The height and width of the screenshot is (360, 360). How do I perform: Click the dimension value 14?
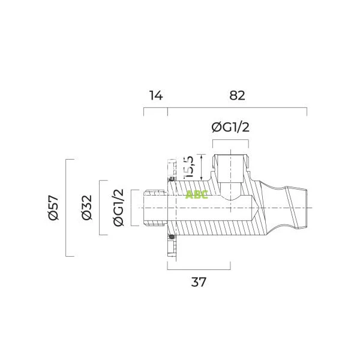click(x=155, y=95)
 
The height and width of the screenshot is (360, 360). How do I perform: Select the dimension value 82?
click(x=237, y=95)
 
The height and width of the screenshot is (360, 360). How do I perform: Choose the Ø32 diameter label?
click(x=86, y=208)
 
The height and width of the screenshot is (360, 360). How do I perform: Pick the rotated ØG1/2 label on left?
click(x=118, y=208)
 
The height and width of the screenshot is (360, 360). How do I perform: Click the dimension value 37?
click(x=198, y=281)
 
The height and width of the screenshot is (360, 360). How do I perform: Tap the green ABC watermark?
click(x=197, y=194)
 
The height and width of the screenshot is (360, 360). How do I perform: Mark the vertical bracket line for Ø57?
click(x=65, y=208)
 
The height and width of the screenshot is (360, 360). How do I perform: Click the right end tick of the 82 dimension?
click(x=307, y=113)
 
